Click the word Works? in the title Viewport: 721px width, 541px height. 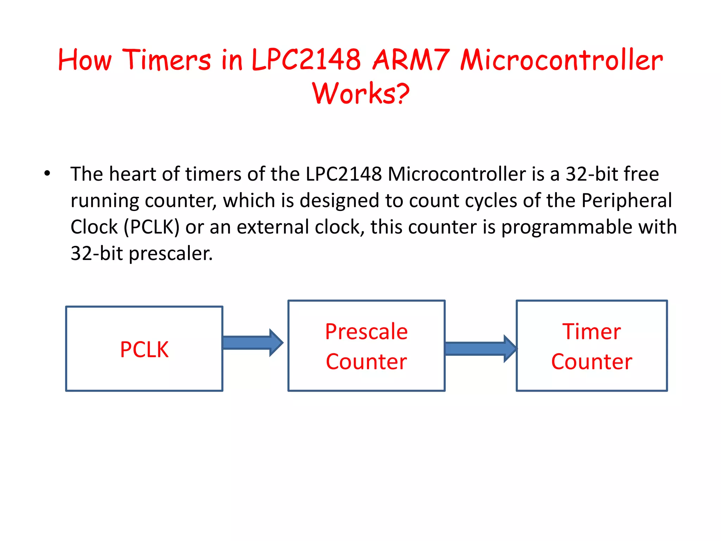click(x=360, y=94)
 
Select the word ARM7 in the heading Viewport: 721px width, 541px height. click(x=411, y=60)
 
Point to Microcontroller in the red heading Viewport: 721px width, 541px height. click(x=562, y=60)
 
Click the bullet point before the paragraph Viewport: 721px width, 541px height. click(x=47, y=174)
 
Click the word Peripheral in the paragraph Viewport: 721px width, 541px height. click(x=627, y=200)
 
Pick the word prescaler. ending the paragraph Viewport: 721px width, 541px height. click(x=170, y=253)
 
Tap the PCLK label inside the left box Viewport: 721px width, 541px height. click(x=144, y=349)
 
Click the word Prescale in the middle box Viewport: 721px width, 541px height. click(x=366, y=331)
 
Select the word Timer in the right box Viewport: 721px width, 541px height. click(x=591, y=331)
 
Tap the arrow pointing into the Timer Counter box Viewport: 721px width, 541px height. click(x=480, y=348)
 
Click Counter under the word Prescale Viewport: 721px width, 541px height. click(x=366, y=362)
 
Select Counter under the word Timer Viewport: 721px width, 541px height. click(x=591, y=362)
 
